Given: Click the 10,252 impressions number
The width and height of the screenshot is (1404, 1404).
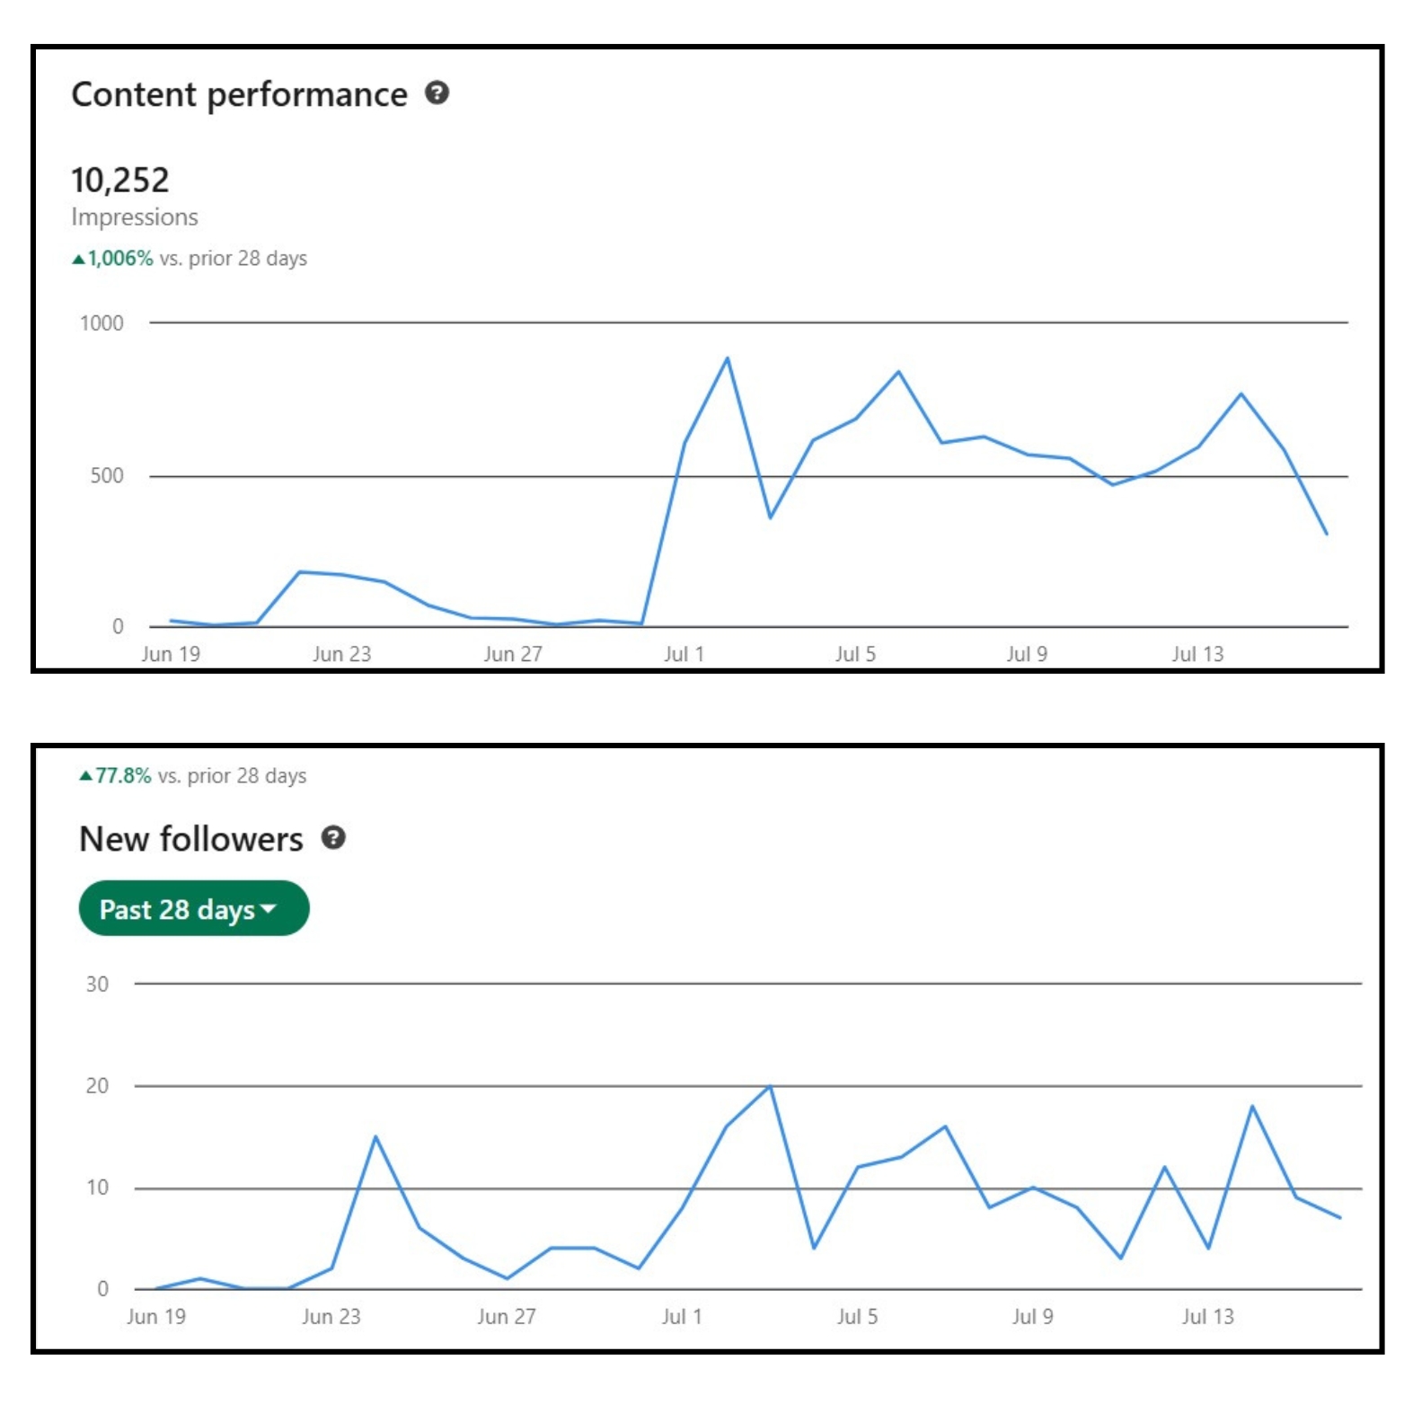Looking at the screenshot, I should click(x=119, y=180).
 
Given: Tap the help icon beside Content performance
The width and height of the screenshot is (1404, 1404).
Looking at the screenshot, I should click(x=437, y=93).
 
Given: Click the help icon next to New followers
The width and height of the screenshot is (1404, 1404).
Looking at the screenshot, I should click(x=333, y=837).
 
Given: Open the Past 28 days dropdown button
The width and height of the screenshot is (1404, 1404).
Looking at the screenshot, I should click(x=194, y=908).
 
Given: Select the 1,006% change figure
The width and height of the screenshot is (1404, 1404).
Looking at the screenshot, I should click(x=120, y=259).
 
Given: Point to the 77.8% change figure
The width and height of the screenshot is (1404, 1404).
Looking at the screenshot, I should click(x=123, y=775).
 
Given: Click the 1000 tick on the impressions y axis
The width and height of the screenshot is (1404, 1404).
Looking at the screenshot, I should click(x=102, y=323).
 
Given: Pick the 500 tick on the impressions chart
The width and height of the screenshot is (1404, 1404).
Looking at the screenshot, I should click(x=107, y=476).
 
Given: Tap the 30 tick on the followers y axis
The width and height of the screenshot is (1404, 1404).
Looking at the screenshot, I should click(x=97, y=985).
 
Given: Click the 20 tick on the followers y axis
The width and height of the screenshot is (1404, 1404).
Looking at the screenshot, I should click(x=97, y=1086).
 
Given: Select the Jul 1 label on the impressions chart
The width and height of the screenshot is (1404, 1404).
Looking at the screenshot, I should click(x=684, y=654).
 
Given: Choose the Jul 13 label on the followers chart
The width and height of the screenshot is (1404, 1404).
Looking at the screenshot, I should click(x=1207, y=1317).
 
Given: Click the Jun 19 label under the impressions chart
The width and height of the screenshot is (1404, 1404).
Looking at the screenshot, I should click(x=171, y=654).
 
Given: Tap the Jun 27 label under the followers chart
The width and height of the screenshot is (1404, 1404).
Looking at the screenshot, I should click(x=507, y=1317).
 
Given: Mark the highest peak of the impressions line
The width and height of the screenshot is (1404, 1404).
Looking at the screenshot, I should click(x=727, y=358).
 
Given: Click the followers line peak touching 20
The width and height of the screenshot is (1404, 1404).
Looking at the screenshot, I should click(x=770, y=1086).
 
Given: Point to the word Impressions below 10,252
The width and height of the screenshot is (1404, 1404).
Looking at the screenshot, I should click(x=135, y=217).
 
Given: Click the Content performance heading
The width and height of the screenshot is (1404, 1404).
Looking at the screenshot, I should click(x=239, y=94).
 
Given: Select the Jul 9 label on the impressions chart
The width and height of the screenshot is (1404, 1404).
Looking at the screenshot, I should click(x=1027, y=654).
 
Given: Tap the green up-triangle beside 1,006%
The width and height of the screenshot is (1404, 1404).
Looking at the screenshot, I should click(x=78, y=260).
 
